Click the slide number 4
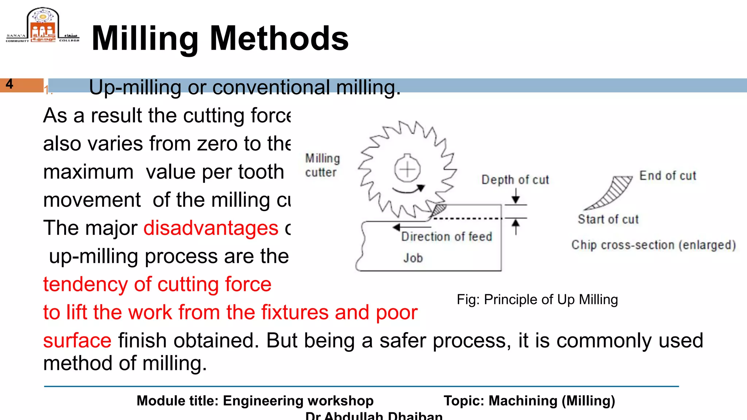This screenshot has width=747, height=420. point(9,84)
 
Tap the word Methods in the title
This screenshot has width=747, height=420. point(279,38)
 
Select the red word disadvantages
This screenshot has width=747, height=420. point(211,228)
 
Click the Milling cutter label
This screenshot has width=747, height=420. point(322,165)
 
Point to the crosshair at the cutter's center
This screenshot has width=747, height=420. point(407,170)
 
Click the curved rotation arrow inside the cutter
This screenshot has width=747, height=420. point(409,189)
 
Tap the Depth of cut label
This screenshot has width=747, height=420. point(515,180)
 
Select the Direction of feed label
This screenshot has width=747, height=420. point(446,237)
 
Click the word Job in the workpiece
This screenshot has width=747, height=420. point(413,258)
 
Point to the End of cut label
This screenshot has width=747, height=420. point(667,176)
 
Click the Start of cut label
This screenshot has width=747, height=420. point(608,219)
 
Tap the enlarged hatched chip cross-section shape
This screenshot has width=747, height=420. point(613,192)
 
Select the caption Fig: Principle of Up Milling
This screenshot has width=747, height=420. point(537,300)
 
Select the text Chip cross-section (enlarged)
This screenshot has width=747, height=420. point(653,245)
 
